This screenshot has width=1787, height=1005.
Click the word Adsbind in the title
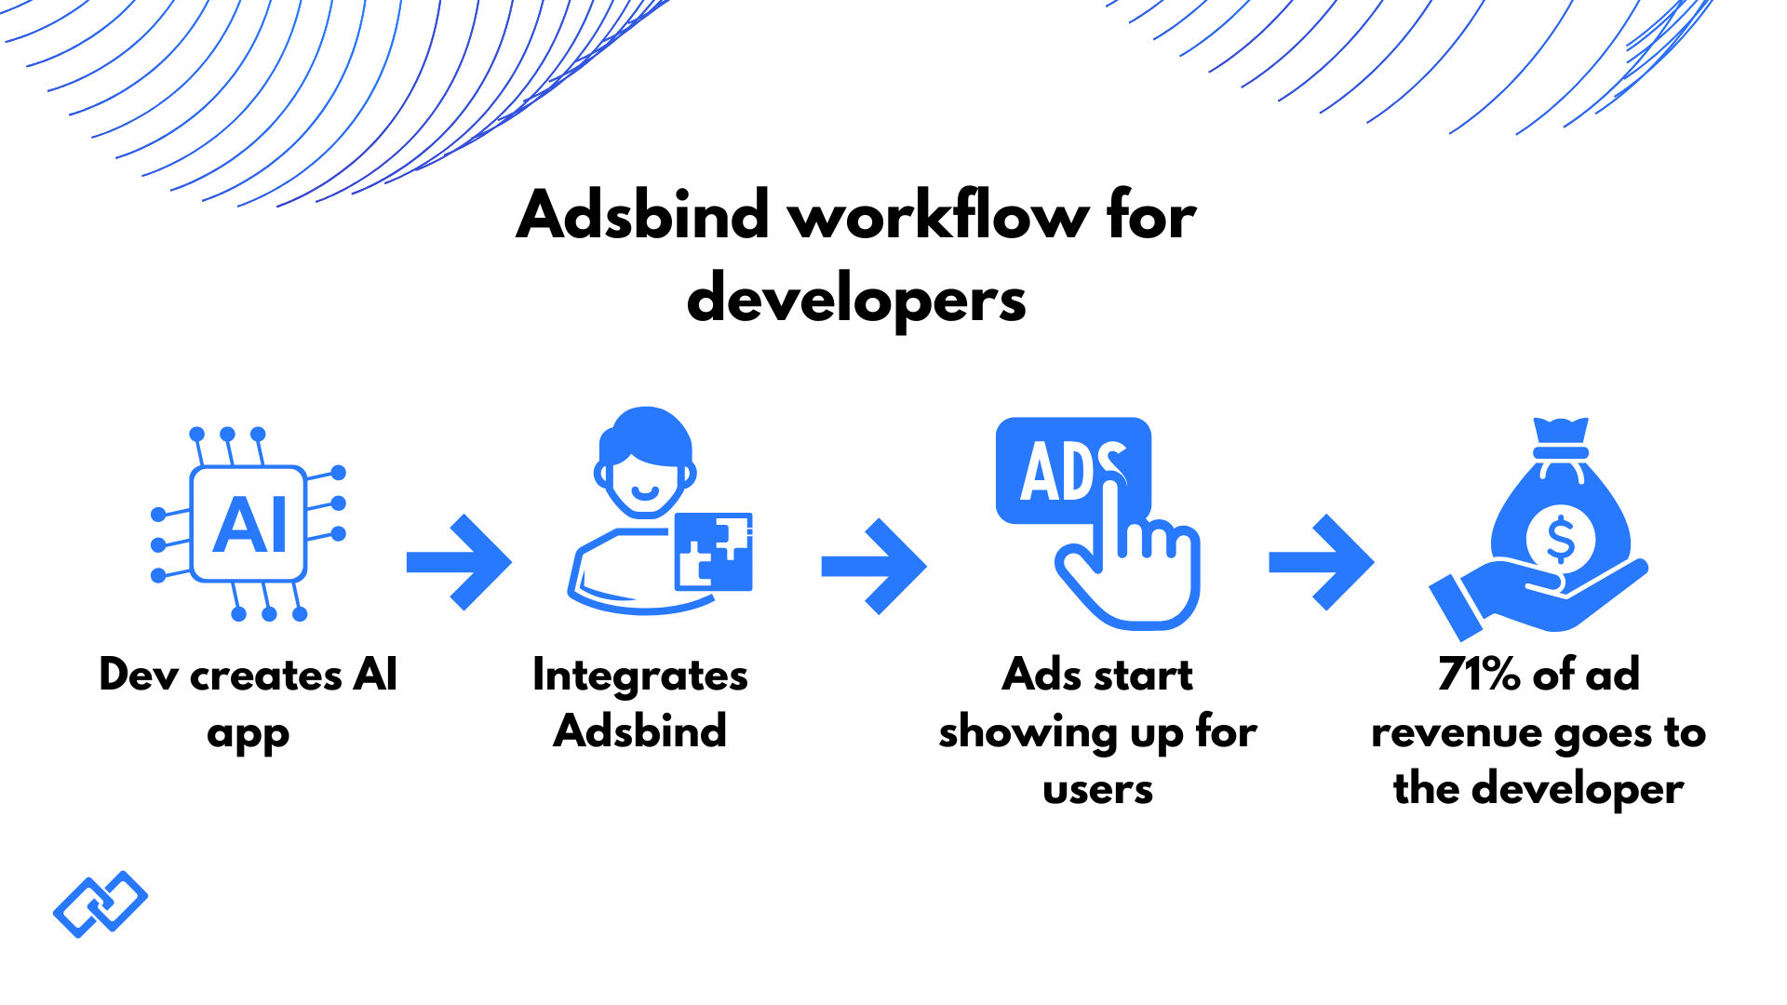(x=642, y=216)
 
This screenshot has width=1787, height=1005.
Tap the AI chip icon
(x=249, y=524)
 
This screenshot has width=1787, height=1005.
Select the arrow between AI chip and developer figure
(x=460, y=562)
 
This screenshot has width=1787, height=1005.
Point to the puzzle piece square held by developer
(x=714, y=551)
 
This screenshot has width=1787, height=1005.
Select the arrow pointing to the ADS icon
(x=874, y=566)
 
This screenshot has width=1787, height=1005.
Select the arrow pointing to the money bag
(x=1322, y=562)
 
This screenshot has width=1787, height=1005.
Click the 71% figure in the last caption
(x=1479, y=674)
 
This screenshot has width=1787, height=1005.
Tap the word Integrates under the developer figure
(x=640, y=677)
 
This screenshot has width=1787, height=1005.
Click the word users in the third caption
(x=1097, y=790)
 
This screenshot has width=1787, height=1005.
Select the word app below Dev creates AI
(x=249, y=734)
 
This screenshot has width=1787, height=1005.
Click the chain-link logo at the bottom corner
(x=101, y=904)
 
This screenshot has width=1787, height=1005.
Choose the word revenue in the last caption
(x=1457, y=733)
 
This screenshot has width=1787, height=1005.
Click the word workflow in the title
(x=938, y=216)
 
